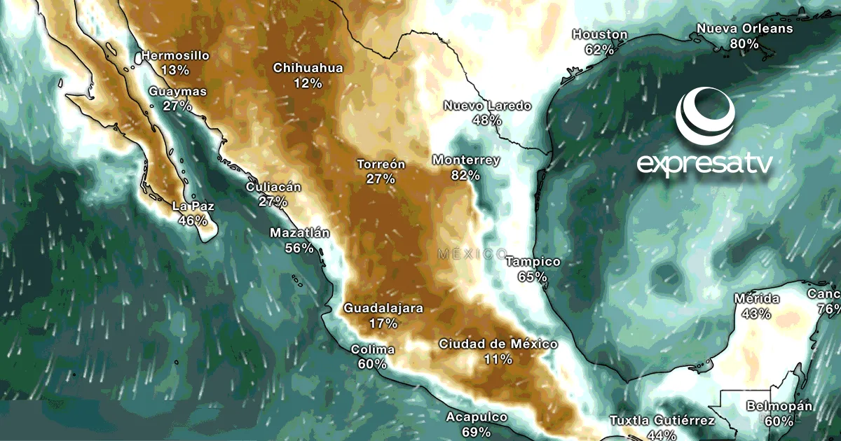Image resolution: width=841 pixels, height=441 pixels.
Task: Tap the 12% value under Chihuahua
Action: pos(308,83)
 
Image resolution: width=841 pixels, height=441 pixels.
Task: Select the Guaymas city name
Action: pos(178,92)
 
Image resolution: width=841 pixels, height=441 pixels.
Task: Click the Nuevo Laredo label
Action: pos(488,106)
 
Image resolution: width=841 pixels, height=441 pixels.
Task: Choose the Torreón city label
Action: pos(381,164)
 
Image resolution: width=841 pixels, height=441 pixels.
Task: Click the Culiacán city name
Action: pos(273,187)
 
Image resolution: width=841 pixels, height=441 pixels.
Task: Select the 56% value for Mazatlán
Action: pos(299,247)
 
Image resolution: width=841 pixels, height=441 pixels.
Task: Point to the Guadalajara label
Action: pos(383,308)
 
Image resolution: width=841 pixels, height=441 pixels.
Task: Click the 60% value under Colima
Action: pos(372,364)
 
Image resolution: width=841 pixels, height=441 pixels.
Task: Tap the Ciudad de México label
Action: pos(498,344)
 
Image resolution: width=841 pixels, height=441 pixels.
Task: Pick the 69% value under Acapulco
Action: pos(477,432)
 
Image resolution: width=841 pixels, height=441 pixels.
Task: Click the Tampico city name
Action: pos(533,262)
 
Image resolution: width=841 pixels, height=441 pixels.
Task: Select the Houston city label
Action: pos(600,34)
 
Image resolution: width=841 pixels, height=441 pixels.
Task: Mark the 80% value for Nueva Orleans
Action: pos(744,43)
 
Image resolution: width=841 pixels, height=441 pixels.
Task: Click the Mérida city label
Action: pos(756,299)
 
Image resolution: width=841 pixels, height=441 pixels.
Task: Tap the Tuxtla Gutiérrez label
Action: pos(662,421)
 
